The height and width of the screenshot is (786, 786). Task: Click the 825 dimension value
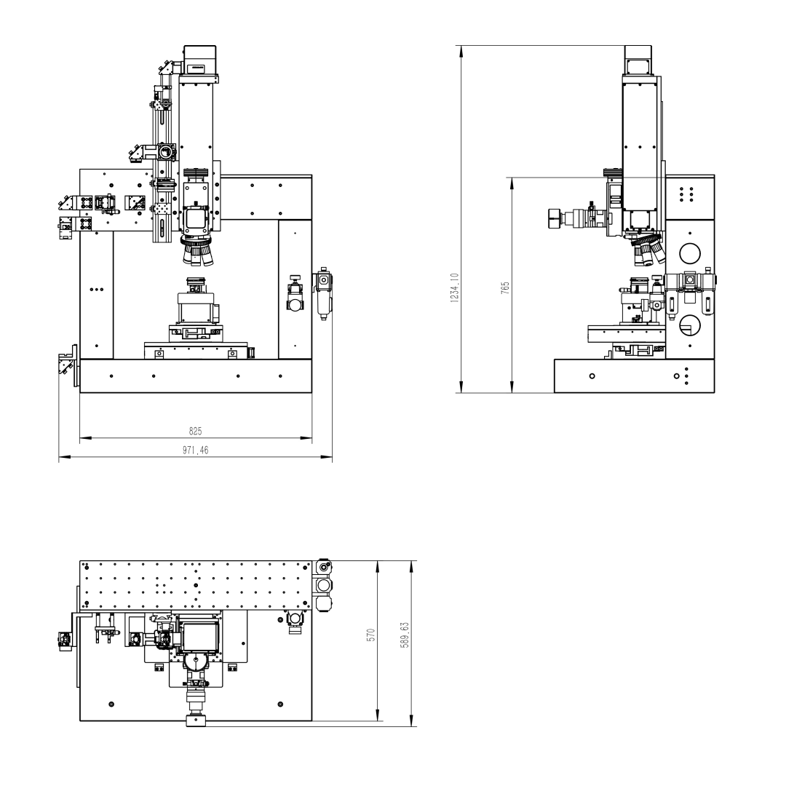[196, 431]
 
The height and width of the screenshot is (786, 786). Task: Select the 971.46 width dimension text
[196, 450]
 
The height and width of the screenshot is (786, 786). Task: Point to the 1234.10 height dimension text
[455, 287]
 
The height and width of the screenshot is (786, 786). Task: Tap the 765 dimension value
[505, 287]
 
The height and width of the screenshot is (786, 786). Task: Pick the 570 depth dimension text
[371, 635]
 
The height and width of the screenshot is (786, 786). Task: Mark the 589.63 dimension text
[405, 635]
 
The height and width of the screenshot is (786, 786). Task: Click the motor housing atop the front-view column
[199, 60]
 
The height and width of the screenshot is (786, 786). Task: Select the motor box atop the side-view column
[638, 60]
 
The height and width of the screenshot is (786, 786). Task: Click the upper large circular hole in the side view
[690, 254]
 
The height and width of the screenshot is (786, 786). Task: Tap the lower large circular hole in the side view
[690, 325]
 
